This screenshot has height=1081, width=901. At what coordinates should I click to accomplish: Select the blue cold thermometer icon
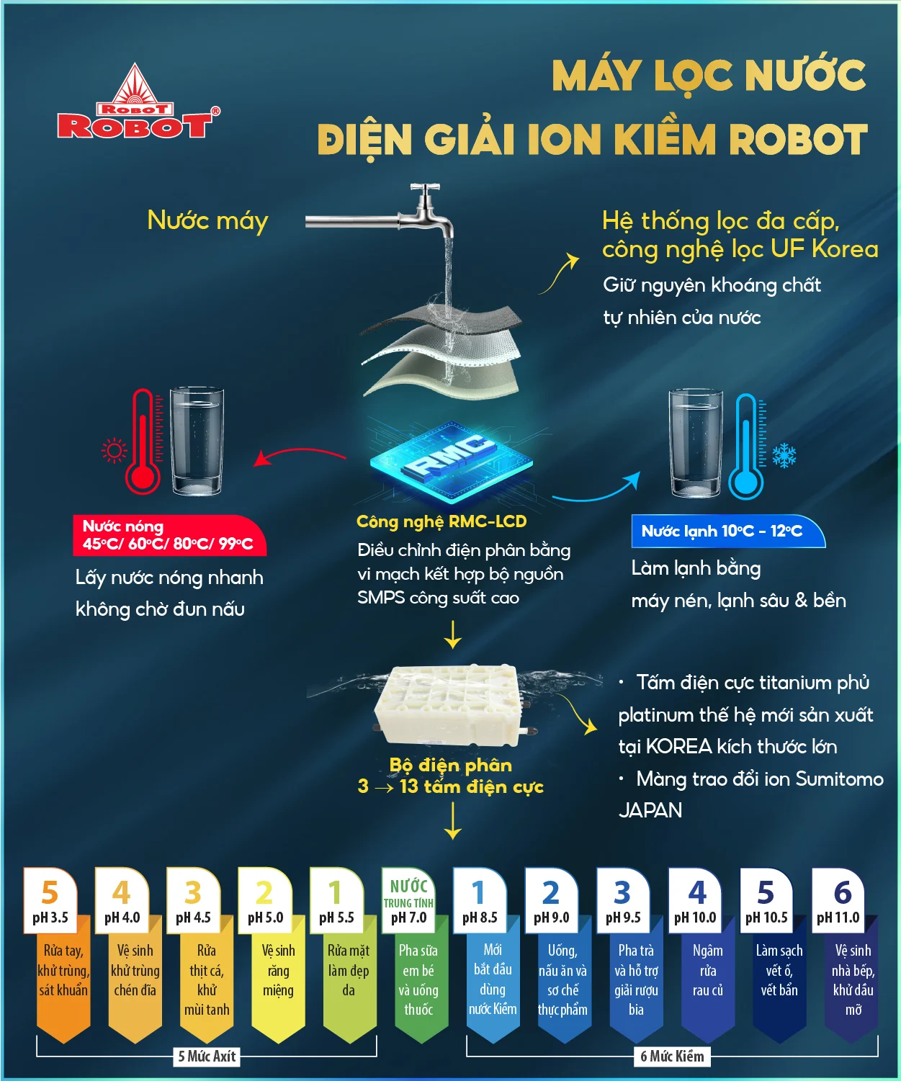tap(745, 447)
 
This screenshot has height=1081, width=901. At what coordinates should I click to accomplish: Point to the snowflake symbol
tap(784, 455)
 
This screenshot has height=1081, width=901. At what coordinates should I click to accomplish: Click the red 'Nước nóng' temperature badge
tap(169, 535)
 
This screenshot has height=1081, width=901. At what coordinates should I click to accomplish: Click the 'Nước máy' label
tap(207, 220)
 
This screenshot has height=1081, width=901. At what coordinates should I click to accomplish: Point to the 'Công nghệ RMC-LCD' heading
tap(441, 521)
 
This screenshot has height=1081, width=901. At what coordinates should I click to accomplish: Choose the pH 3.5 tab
tap(50, 900)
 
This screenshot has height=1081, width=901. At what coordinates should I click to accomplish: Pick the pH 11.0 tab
tap(838, 900)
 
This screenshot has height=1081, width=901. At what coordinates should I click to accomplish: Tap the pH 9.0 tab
tap(551, 900)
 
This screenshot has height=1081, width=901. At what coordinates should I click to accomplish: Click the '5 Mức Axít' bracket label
tap(207, 1057)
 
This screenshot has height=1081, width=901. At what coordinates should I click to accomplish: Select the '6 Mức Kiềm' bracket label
tap(673, 1057)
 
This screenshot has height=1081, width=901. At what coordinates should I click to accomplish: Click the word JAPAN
tap(650, 811)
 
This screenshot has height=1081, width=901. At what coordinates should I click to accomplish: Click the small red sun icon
tap(114, 451)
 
